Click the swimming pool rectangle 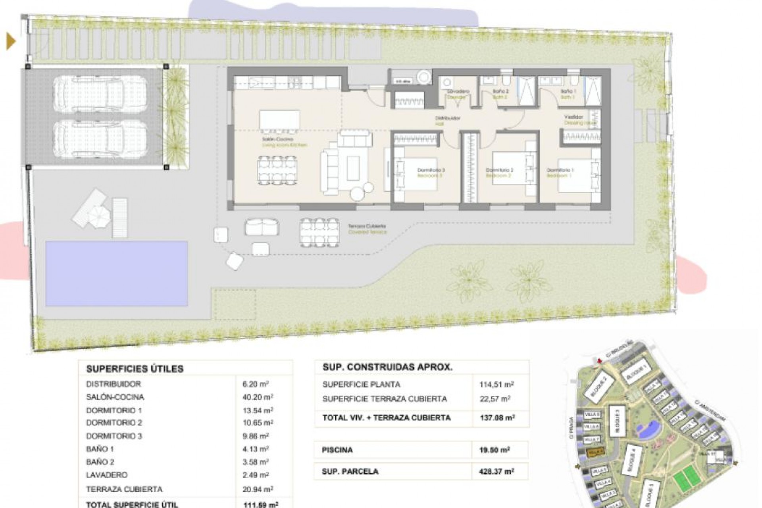[116, 273]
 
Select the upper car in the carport [100, 94]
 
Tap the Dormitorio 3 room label [431, 170]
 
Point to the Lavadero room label [458, 91]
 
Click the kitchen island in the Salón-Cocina [279, 120]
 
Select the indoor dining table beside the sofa [277, 170]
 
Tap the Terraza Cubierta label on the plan [367, 226]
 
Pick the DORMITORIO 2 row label [114, 423]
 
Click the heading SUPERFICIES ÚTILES [135, 369]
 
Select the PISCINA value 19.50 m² [495, 450]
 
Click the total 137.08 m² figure [496, 418]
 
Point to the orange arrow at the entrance [11, 41]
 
